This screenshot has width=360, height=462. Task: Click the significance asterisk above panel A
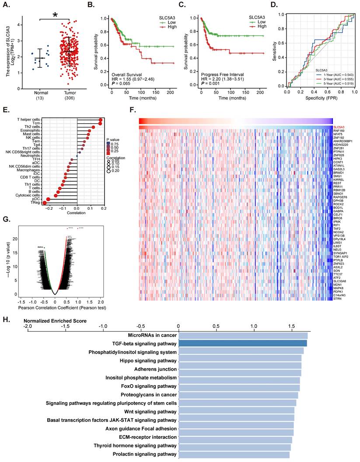[x=55, y=15]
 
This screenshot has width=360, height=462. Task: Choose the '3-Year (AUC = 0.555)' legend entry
[x=332, y=75]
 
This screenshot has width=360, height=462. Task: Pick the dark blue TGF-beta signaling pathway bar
[x=243, y=344]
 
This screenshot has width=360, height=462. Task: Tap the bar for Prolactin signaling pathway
[x=234, y=455]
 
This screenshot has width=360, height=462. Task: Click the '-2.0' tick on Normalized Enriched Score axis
[x=28, y=327]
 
